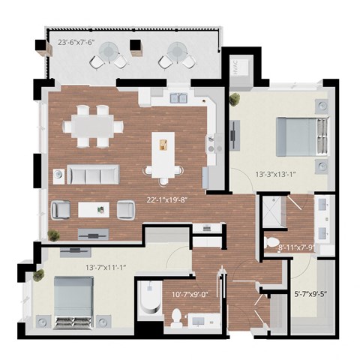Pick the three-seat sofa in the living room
[94, 175]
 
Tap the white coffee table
[93, 209]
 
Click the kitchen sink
[178, 97]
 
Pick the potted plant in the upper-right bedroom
[235, 98]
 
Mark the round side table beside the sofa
[58, 175]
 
